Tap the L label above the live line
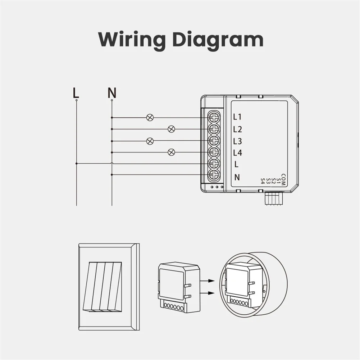pos(76,93)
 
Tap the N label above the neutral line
pos(112,93)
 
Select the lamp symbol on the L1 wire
pos(150,117)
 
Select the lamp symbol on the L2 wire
pos(172,129)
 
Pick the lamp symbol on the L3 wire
pos(150,141)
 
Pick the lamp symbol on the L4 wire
pos(172,152)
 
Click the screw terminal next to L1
pos(214,117)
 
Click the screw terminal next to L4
pos(214,152)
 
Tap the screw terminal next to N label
pos(214,176)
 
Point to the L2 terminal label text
pos(237,129)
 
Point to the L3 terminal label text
pos(237,141)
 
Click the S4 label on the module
pos(263,181)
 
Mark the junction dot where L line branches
pos(77,164)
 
